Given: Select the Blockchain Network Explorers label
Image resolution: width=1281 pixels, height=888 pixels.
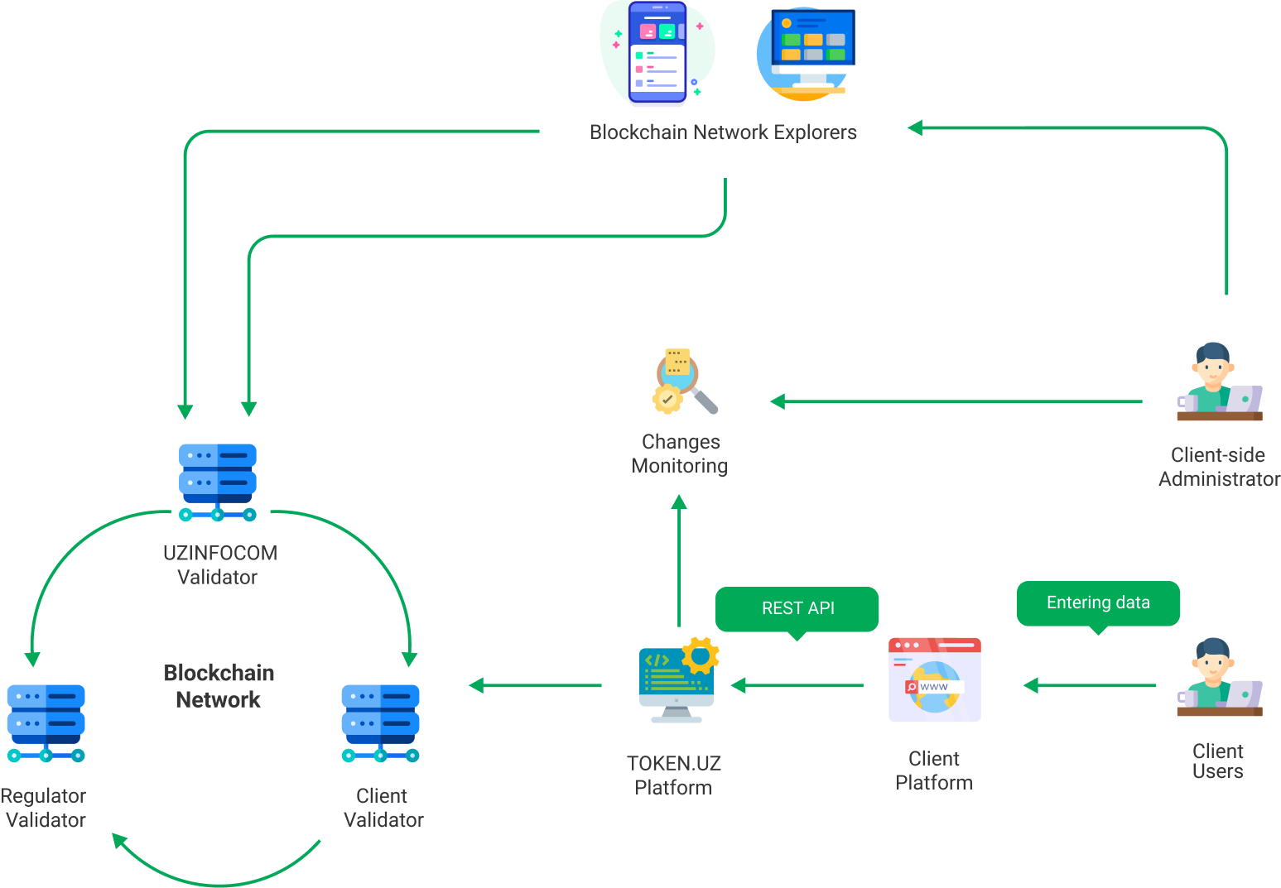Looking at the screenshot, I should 723,132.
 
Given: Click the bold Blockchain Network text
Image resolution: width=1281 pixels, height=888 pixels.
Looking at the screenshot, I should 219,686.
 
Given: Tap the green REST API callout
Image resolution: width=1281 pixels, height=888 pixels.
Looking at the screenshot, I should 797,609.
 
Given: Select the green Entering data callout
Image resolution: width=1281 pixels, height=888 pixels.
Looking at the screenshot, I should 1098,603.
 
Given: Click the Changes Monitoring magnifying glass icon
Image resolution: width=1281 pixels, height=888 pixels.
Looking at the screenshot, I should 684,382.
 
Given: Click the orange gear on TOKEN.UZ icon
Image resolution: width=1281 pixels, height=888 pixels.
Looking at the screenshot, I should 701,655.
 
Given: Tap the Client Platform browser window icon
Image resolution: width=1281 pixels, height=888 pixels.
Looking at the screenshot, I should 935,679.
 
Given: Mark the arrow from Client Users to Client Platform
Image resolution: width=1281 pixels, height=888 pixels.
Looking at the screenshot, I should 1089,685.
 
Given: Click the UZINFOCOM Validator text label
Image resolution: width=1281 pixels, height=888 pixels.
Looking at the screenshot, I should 219,565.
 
